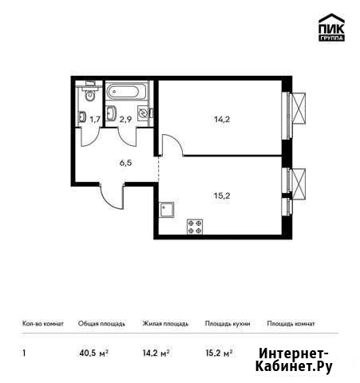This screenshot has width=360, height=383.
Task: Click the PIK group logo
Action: coord(331,27)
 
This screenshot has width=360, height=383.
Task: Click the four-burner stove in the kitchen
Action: coord(195,227)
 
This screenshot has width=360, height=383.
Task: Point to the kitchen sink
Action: coord(167,210)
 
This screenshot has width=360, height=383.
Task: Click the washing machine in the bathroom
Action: coord(142,114)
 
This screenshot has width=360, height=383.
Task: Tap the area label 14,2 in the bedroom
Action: coord(222,120)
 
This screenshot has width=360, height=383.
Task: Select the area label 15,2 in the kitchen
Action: coord(222,196)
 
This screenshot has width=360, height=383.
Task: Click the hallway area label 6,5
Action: coord(125,163)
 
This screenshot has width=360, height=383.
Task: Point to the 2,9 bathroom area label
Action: coord(125,120)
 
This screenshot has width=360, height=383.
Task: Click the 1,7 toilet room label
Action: coord(95,120)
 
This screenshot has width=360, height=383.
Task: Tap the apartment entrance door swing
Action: coord(112,197)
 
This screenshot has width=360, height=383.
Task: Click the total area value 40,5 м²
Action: coord(93,353)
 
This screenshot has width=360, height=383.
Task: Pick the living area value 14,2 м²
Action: coord(156,353)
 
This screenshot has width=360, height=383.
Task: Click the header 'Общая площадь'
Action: coord(101,324)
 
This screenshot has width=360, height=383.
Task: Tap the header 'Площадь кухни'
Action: coord(227,324)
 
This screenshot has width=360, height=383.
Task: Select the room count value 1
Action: coord(24,353)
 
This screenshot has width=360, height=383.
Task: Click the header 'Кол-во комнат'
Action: coord(43,324)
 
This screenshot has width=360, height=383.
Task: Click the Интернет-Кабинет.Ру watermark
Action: coord(294,361)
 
